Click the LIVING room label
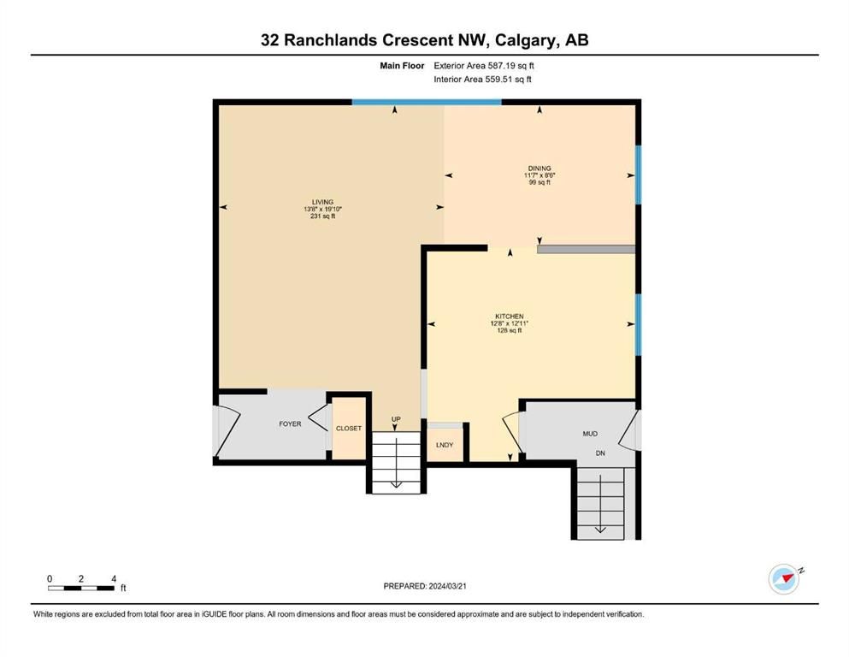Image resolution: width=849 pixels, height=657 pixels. point(322,202)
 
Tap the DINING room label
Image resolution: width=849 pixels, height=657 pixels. point(539,169)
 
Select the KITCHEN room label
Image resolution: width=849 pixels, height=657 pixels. point(510,317)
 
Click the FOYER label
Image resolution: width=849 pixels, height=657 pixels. point(290,424)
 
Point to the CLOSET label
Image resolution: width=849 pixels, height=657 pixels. point(349,429)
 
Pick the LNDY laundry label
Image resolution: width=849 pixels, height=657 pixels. point(445,445)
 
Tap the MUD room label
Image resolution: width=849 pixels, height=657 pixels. point(590,434)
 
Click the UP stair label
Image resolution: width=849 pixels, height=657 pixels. point(396,419)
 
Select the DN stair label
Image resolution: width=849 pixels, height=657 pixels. point(600,453)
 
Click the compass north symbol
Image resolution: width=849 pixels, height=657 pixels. point(784,579)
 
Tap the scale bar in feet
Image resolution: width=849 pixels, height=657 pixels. point(81,588)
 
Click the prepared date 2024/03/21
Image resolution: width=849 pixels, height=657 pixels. point(448,586)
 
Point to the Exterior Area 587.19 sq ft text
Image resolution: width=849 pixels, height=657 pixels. point(484,66)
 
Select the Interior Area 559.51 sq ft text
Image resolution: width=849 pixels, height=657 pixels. point(482,79)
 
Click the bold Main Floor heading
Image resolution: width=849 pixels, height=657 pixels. point(402,66)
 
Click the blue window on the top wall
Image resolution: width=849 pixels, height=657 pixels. point(427,102)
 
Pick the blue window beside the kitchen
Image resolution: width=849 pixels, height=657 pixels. point(639,325)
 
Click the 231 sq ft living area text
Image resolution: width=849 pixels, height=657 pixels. point(322,216)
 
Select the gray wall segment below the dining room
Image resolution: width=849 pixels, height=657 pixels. point(587,249)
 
